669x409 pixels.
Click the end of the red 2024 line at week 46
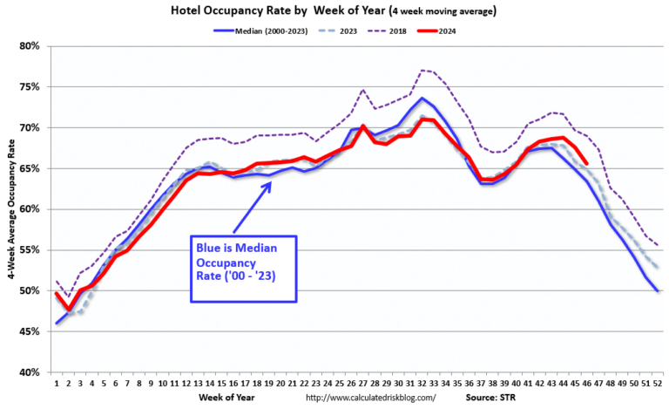pyautogui.click(x=586, y=163)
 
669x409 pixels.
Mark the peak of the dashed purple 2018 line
pyautogui.click(x=421, y=70)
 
